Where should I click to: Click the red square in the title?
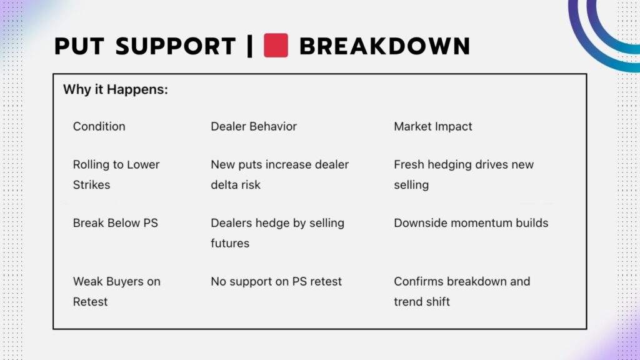(276, 46)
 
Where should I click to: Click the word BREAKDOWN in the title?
(384, 46)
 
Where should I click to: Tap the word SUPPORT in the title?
(176, 46)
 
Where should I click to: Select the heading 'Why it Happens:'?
(116, 89)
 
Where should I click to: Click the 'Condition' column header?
(99, 126)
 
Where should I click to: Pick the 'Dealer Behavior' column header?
(254, 126)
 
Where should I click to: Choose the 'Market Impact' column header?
(433, 126)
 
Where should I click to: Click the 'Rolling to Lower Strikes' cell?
(116, 174)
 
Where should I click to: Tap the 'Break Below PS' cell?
(116, 222)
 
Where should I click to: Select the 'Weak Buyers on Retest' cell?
(116, 291)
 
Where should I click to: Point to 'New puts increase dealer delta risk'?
(279, 174)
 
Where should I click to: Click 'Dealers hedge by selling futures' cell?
(277, 232)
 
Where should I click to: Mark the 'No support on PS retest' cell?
(276, 281)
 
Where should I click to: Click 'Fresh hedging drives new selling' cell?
(464, 174)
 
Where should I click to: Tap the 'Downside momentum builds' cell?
(471, 222)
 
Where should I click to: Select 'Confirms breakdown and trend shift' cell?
(462, 291)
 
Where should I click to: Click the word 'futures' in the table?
(230, 243)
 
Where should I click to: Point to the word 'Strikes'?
(91, 185)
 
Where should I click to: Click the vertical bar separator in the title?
(250, 46)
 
